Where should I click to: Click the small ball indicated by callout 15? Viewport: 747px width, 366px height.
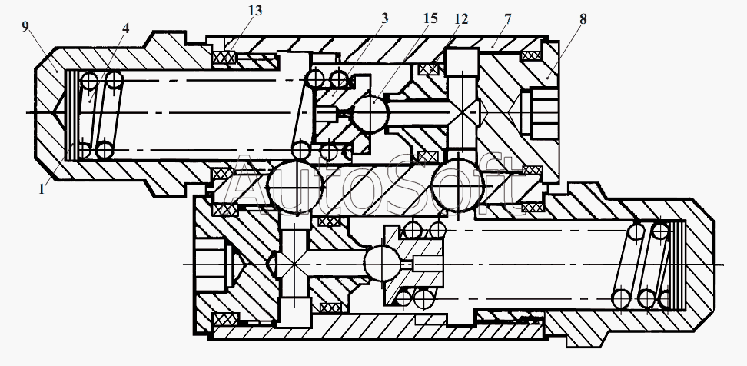click(371, 114)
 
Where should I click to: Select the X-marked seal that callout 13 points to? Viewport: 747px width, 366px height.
click(224, 58)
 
